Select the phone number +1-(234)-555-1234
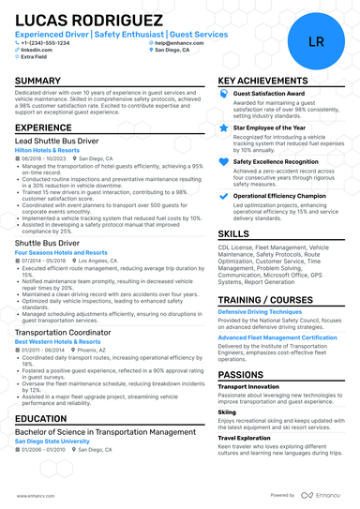click(x=50, y=42)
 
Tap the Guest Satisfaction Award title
click(x=267, y=95)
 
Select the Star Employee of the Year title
click(x=270, y=127)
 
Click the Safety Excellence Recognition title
click(x=276, y=161)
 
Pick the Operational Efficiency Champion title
click(x=279, y=195)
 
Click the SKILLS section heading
click(x=234, y=232)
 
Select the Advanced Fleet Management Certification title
click(x=277, y=337)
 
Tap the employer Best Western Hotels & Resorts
click(x=58, y=343)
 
